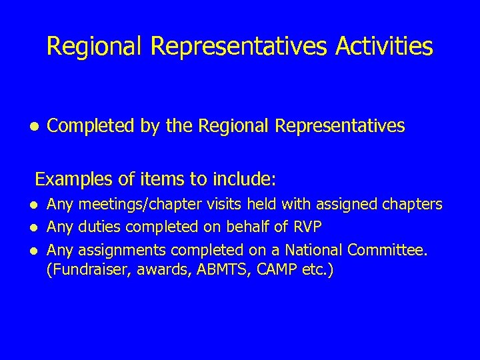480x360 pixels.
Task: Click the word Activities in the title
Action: coord(384,47)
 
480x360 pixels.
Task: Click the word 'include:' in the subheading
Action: coord(244,179)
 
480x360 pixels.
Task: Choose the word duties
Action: coord(100,227)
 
